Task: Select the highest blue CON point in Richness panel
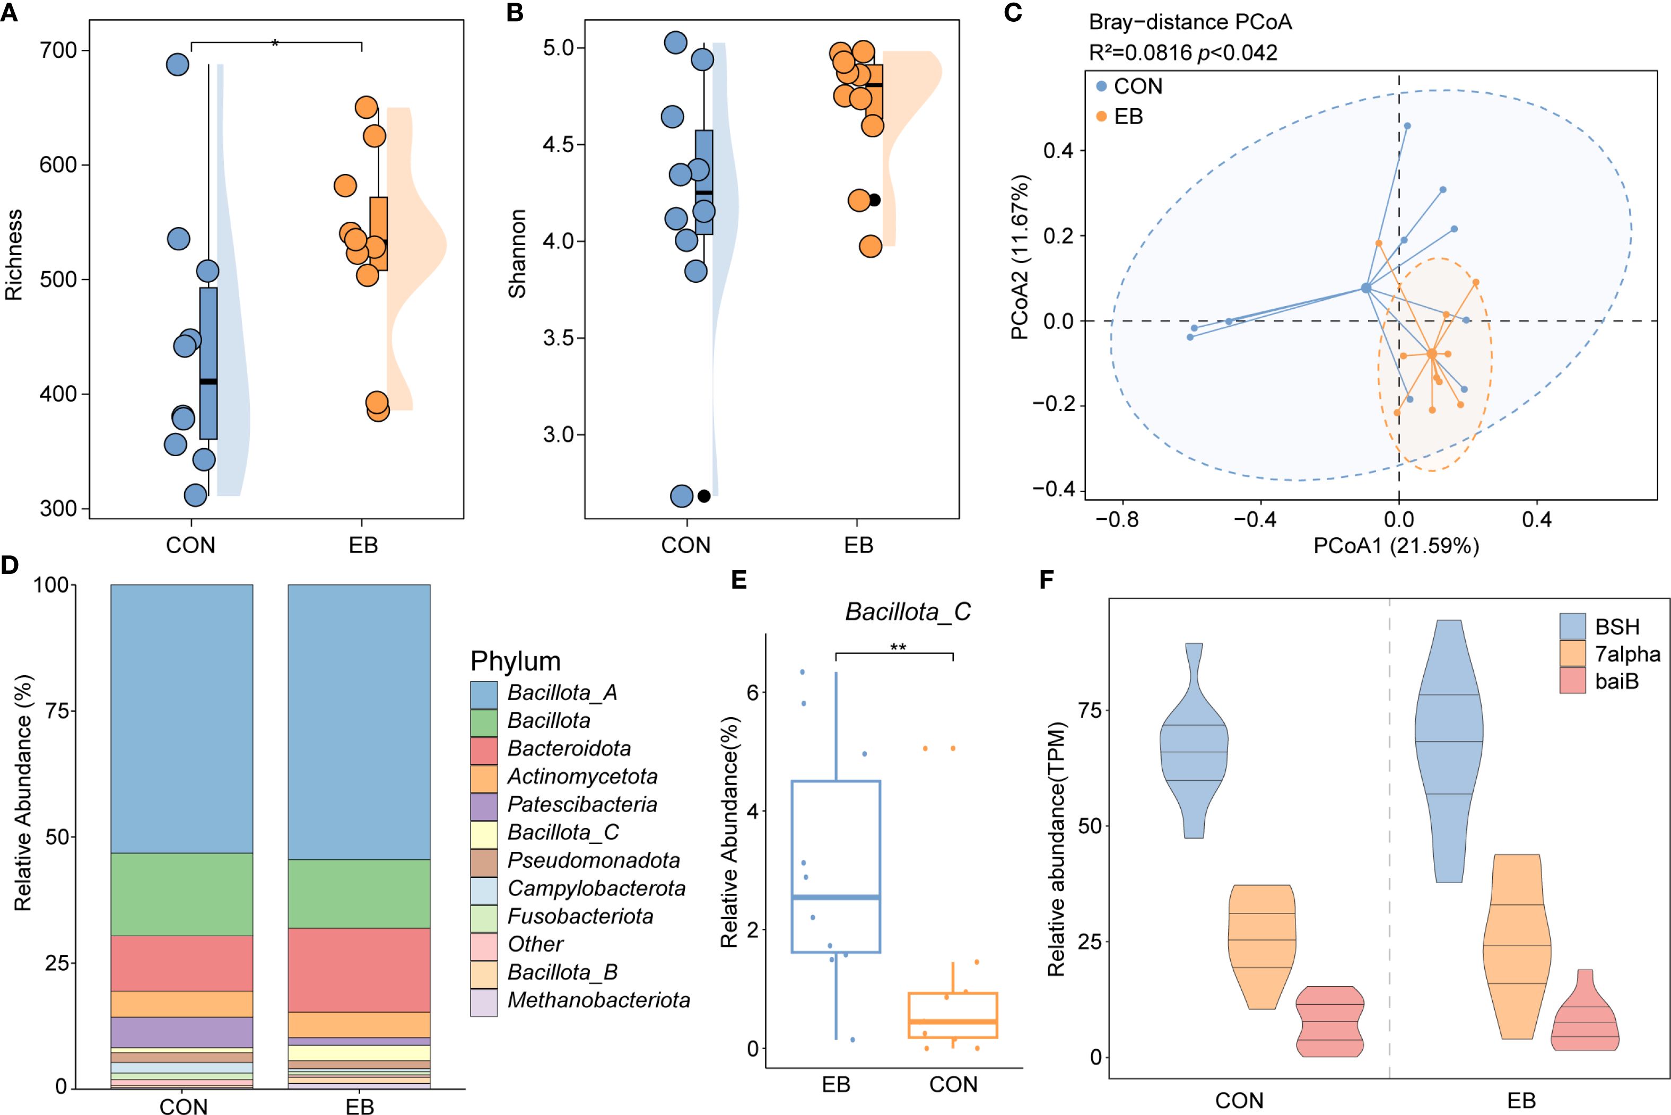coord(177,65)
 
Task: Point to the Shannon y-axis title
coord(517,254)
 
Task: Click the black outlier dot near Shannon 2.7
coord(704,496)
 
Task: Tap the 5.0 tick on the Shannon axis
coord(558,48)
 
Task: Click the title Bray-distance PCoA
coord(1190,22)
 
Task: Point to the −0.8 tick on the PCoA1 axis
coord(1117,519)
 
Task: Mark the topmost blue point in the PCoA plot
coord(1406,126)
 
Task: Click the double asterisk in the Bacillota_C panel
coord(898,647)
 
